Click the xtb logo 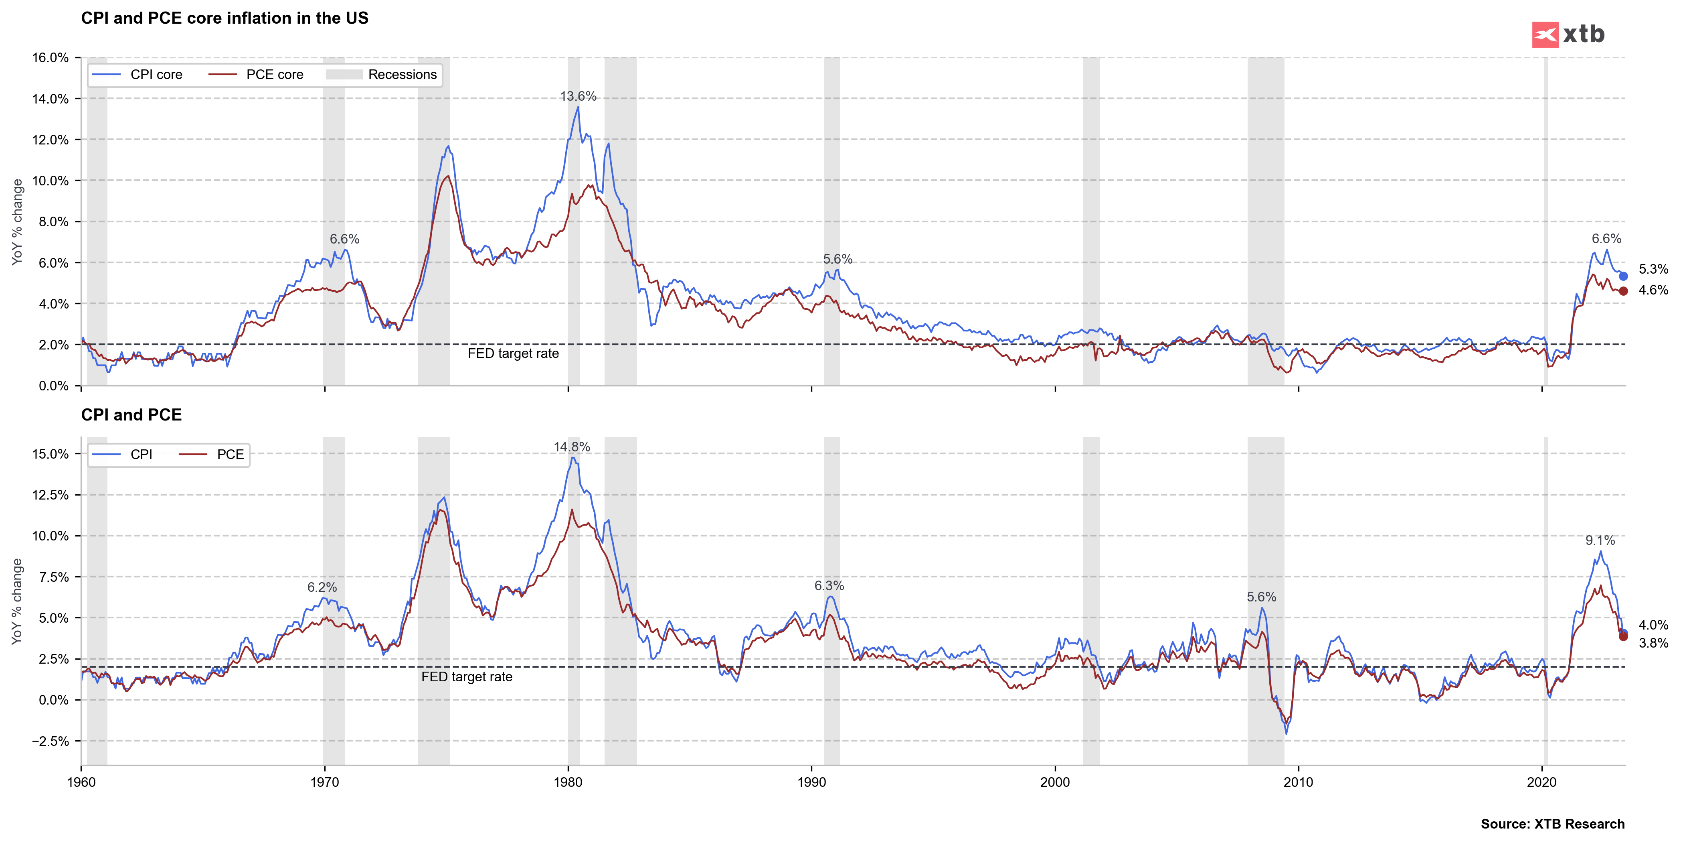(x=1568, y=34)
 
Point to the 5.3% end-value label (x=1653, y=269)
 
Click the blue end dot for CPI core (x=1623, y=276)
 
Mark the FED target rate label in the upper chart (x=513, y=353)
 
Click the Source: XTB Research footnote (x=1552, y=824)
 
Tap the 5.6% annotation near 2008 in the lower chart (x=1261, y=597)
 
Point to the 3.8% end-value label (x=1653, y=643)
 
